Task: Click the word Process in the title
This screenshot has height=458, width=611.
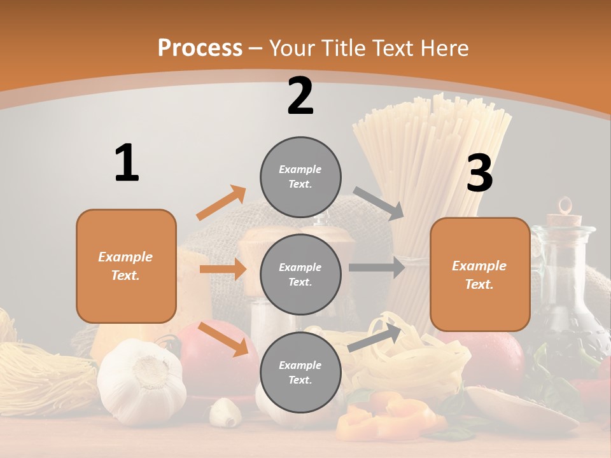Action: coord(200,48)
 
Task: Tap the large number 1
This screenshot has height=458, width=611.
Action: coord(127,163)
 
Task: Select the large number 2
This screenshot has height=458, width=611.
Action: coord(300,96)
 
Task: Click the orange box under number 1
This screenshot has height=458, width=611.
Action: coord(126,266)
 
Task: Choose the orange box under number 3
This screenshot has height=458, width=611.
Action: coord(480,275)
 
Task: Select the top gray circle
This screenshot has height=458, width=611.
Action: coord(300,177)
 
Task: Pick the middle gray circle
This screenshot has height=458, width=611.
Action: coord(300,274)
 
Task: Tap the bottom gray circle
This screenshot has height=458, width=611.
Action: coord(300,372)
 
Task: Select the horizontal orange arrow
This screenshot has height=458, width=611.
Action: coord(223,269)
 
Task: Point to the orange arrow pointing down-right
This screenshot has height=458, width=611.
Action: coord(223,338)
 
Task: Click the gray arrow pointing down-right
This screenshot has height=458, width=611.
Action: coord(379,203)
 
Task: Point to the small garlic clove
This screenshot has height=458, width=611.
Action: coord(225,412)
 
